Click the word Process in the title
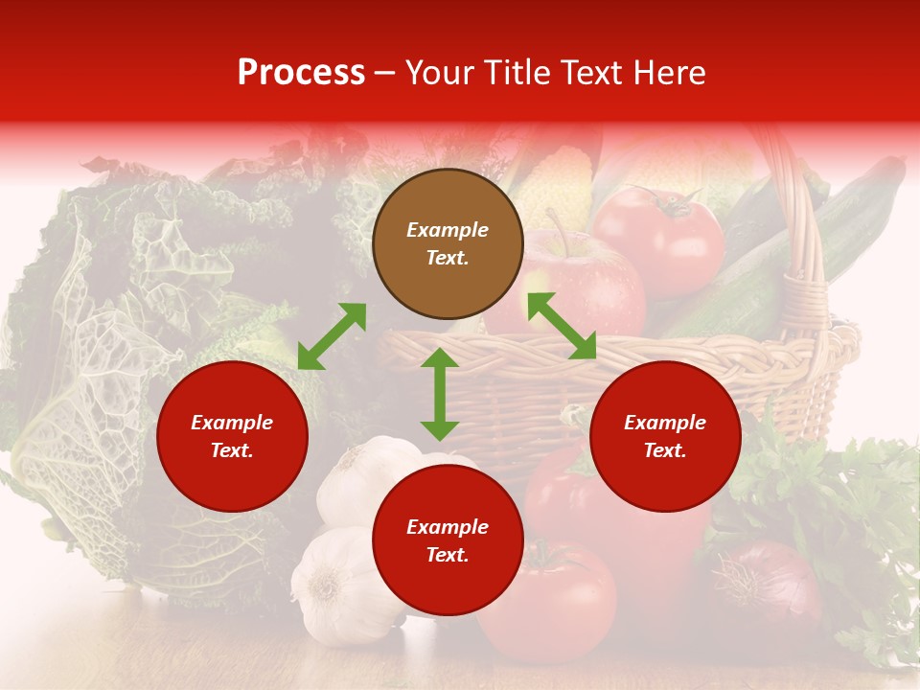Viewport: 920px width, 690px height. tap(301, 73)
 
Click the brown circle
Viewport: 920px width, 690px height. tap(448, 244)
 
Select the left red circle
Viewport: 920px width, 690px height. tap(232, 436)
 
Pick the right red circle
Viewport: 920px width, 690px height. tap(665, 436)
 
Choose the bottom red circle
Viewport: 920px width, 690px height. tap(448, 540)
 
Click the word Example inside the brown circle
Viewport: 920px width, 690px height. tap(448, 230)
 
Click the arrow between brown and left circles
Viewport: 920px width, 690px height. tap(332, 336)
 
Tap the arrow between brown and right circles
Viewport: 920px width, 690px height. tap(562, 326)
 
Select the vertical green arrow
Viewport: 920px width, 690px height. tap(440, 394)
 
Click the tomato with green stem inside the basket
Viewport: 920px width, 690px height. tap(659, 240)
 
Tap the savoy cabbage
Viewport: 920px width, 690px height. tap(115, 383)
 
